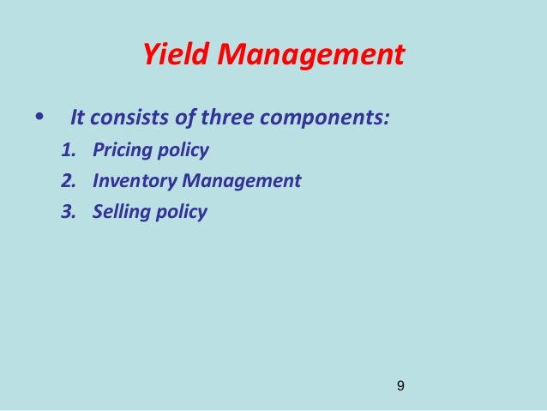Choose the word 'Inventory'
coord(132,182)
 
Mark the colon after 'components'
coord(387,117)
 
